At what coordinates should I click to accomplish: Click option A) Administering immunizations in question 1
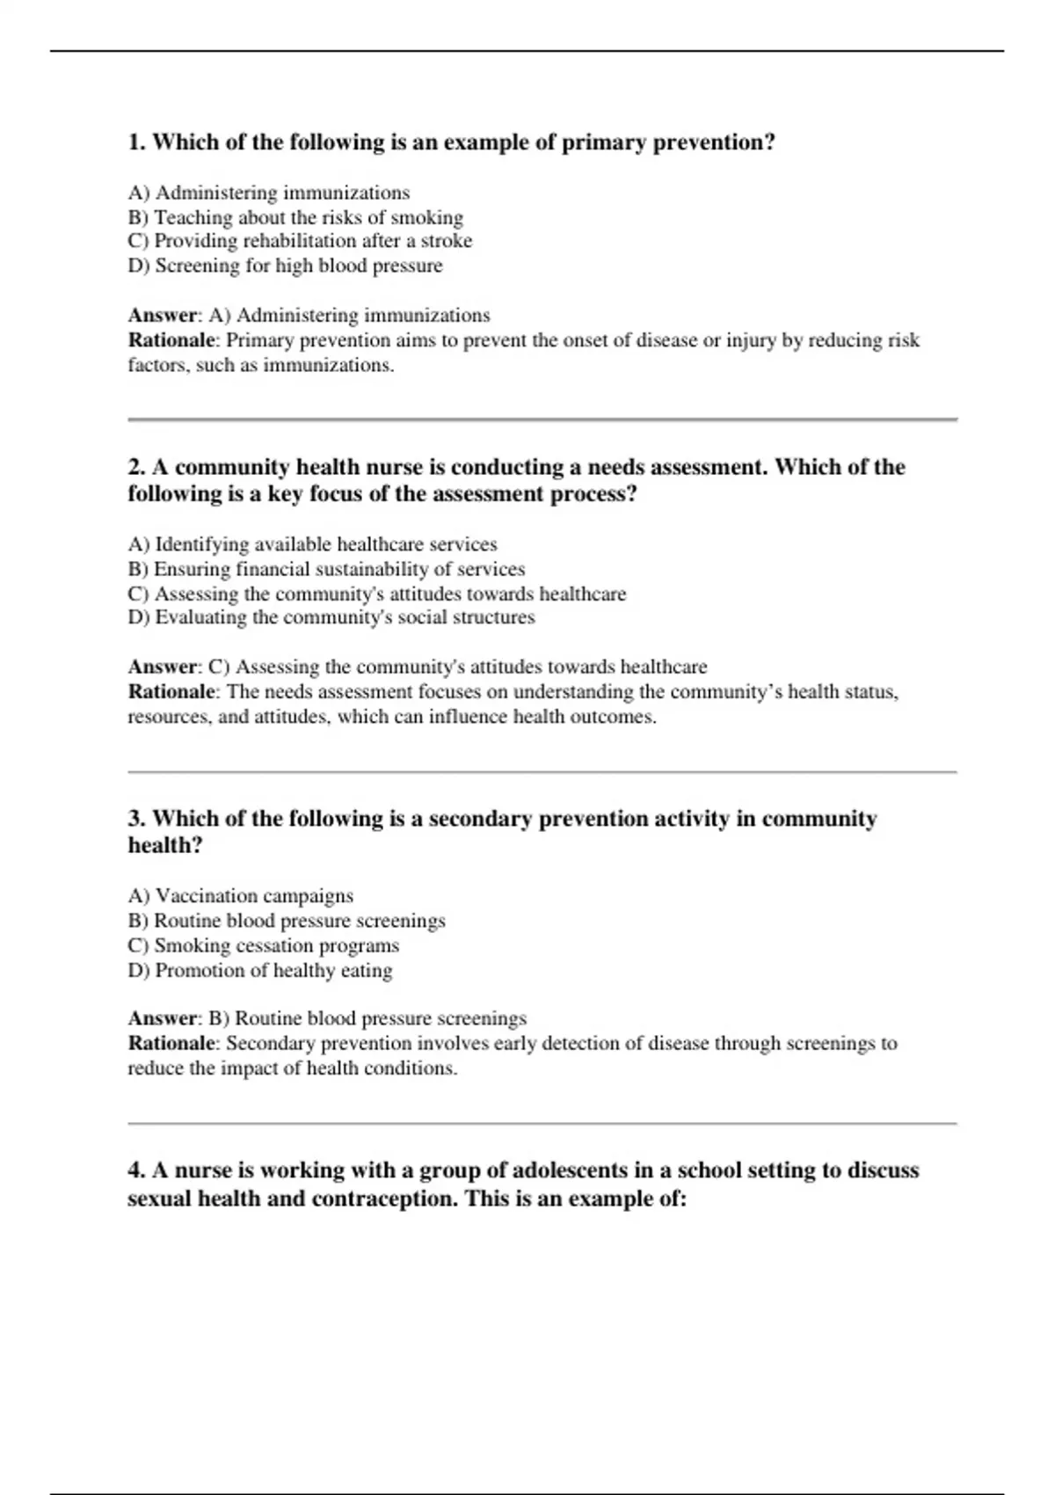(x=268, y=193)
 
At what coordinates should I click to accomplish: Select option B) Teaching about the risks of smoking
(x=295, y=217)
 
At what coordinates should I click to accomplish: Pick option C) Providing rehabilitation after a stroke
(x=299, y=241)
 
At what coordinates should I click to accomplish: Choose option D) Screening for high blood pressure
(x=285, y=266)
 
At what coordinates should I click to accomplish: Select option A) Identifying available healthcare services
(x=312, y=544)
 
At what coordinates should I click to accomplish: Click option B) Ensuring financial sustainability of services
(x=325, y=569)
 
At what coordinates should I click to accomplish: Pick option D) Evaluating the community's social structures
(x=331, y=617)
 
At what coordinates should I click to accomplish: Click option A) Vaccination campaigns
(x=240, y=896)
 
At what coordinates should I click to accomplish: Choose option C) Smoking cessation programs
(x=263, y=945)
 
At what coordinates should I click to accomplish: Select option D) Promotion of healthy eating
(x=259, y=970)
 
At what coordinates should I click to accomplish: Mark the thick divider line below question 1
(x=542, y=419)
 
